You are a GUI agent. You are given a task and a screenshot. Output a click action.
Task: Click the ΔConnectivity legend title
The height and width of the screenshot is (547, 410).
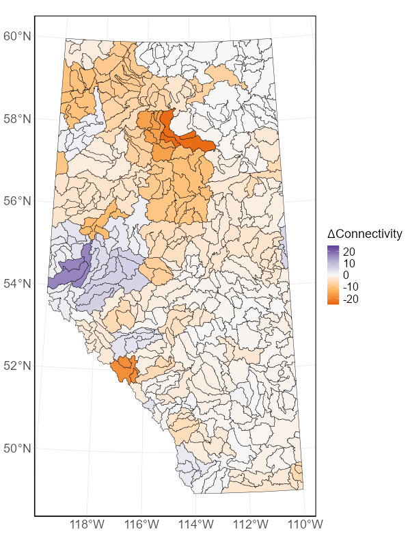pyautogui.click(x=365, y=234)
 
